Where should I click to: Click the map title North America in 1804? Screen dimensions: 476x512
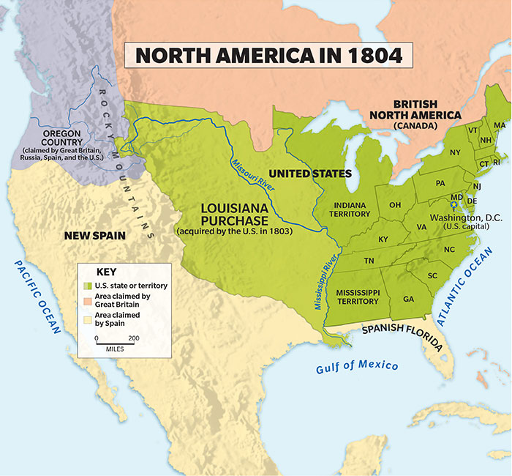coord(268,57)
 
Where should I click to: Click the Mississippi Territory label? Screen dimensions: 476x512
coord(358,297)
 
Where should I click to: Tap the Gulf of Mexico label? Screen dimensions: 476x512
coord(357,367)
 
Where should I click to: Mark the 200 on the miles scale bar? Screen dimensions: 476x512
coord(133,338)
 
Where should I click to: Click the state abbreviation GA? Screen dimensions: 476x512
coord(408,299)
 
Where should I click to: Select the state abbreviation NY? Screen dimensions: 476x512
coord(455,152)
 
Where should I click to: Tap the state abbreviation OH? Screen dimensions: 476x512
coord(394,204)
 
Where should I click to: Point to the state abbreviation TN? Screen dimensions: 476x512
coord(369,261)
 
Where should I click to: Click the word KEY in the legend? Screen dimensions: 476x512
coord(107,270)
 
